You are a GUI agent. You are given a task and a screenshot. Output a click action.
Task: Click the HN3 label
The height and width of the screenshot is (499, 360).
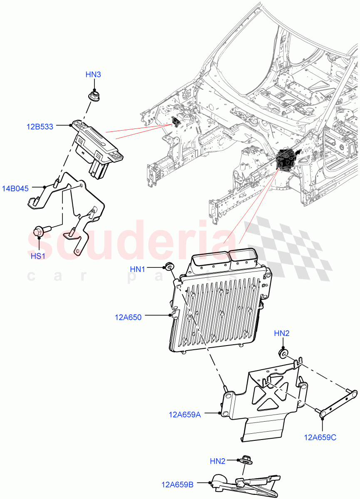pos(93,75)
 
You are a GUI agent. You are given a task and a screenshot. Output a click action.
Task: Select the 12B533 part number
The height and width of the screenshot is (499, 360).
pos(40,127)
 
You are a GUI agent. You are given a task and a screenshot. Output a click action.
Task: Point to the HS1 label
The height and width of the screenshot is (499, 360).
pos(38,256)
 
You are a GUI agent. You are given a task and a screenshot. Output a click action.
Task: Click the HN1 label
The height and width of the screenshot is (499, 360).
pos(138,269)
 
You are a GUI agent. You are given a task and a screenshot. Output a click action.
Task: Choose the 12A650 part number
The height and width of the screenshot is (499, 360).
pos(128,317)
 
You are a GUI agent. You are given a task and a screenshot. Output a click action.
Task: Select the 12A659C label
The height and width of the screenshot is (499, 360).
pos(320,437)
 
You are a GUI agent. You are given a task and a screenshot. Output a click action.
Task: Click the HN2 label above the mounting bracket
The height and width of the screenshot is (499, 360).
pos(282,333)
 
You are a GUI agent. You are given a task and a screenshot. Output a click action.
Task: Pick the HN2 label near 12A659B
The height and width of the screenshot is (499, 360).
pos(218,461)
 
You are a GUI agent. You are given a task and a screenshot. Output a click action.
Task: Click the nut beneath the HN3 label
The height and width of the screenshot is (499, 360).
pos(94,96)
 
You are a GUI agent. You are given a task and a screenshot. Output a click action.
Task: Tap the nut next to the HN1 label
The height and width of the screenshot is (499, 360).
pos(169,267)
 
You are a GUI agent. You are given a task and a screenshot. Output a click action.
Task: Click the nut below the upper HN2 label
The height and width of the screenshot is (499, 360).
pos(283,354)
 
